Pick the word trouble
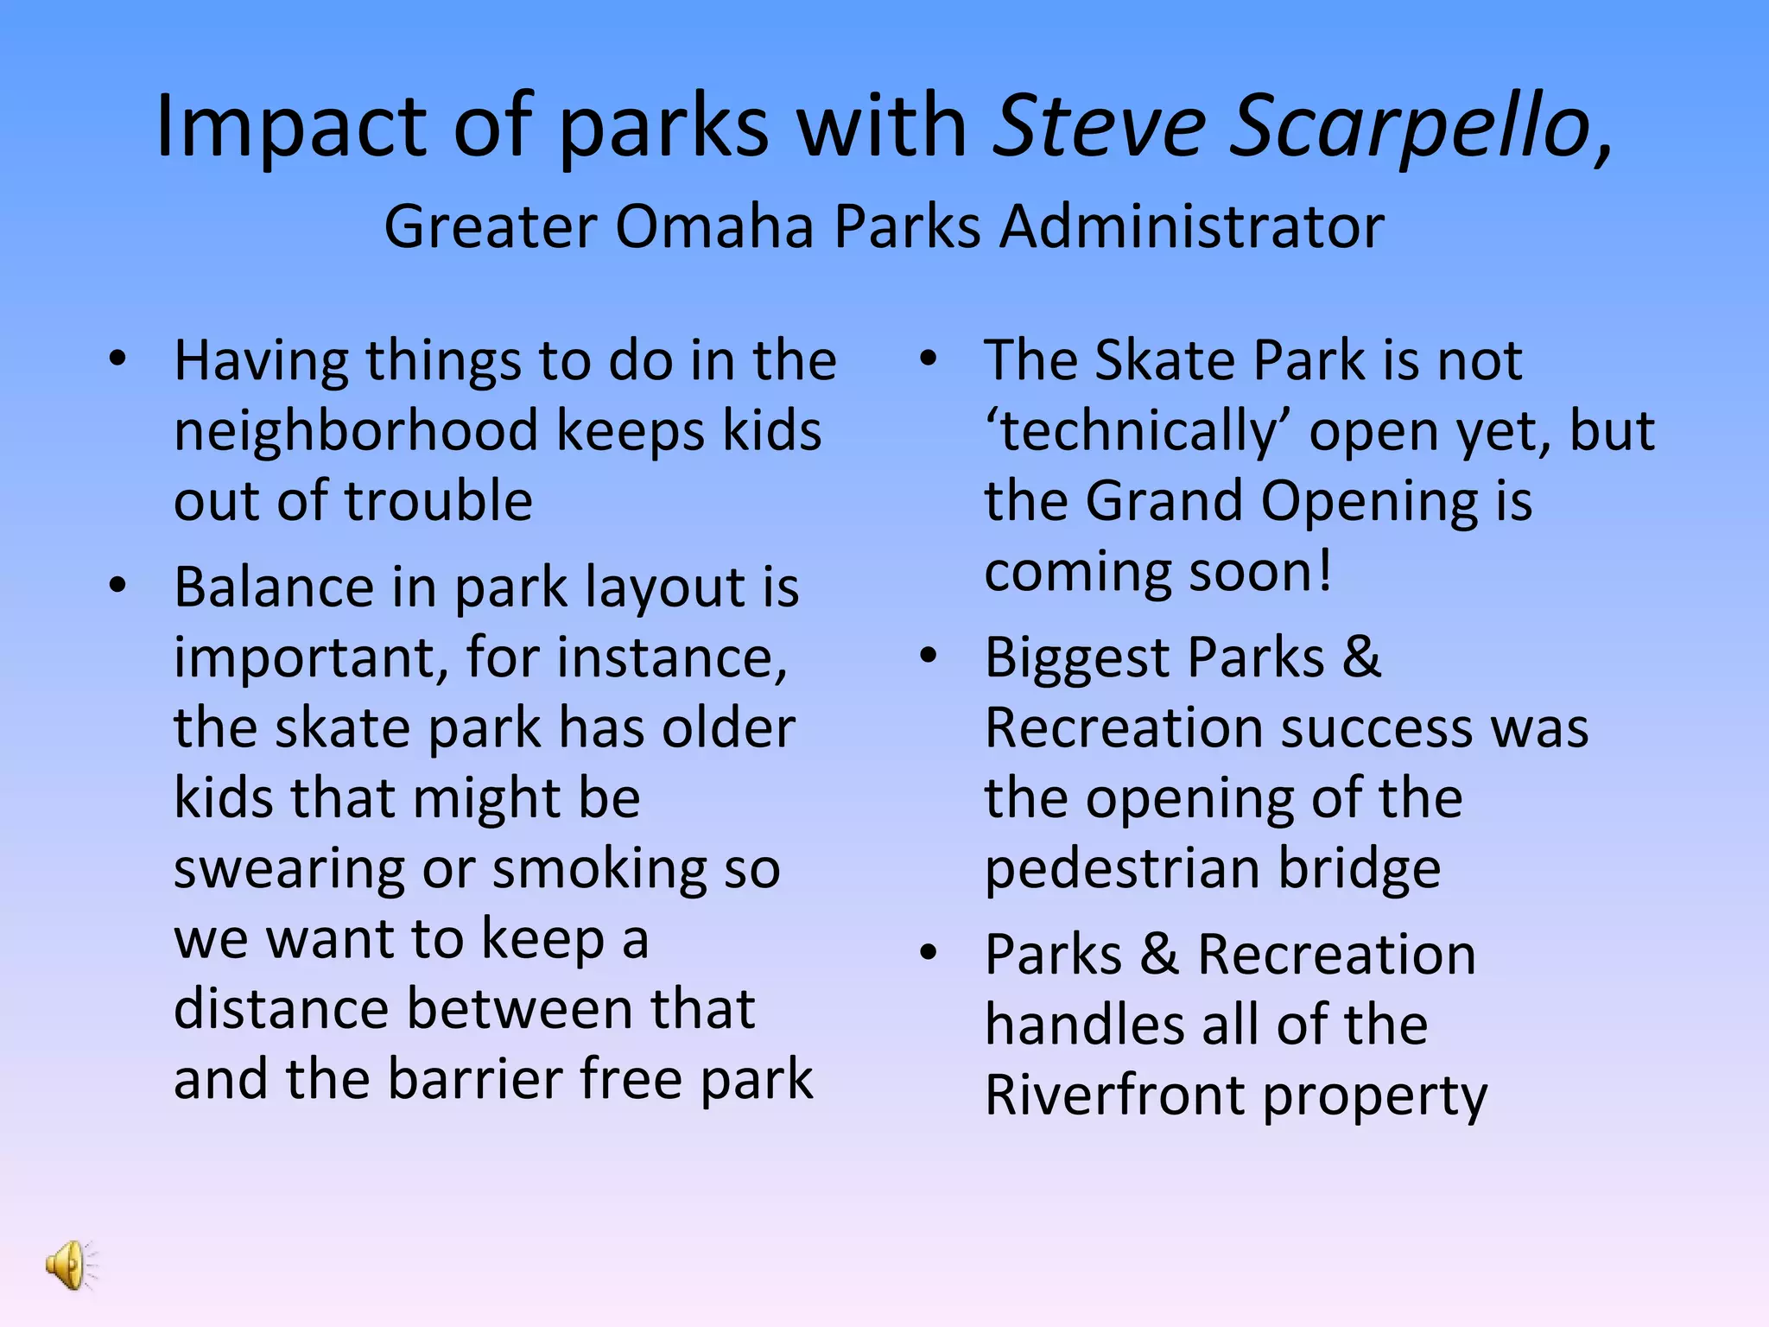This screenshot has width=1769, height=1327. [439, 501]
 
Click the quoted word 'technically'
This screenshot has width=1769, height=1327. [1138, 431]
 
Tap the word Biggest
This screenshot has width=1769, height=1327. [1077, 658]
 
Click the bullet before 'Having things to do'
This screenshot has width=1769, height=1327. [118, 359]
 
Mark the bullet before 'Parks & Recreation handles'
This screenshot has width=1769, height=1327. [929, 953]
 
